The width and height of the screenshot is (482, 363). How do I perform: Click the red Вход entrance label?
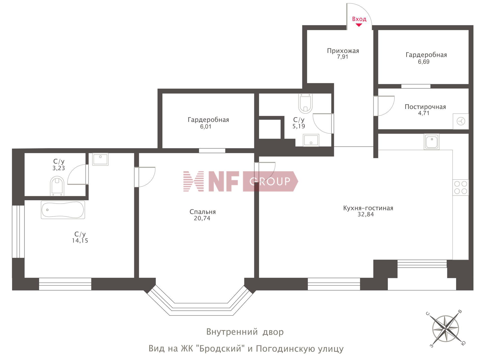click(x=359, y=19)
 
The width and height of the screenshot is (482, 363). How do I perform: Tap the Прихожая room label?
click(x=343, y=51)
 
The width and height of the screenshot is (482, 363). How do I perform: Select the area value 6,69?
click(x=424, y=62)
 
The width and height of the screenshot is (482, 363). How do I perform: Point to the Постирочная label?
click(x=425, y=107)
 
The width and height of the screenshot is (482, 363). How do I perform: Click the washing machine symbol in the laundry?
click(x=461, y=121)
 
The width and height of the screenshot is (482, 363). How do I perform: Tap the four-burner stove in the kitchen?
click(x=461, y=187)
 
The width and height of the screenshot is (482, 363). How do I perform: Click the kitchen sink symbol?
click(x=432, y=142)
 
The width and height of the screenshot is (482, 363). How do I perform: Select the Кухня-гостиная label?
click(x=368, y=208)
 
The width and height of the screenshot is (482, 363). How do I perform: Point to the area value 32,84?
click(x=366, y=215)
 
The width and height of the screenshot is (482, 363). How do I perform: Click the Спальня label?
click(x=203, y=212)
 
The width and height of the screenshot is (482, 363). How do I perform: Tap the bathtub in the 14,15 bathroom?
click(x=63, y=210)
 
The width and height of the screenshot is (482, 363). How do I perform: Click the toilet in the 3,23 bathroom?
click(x=57, y=186)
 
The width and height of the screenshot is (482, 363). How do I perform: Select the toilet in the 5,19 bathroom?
click(x=306, y=103)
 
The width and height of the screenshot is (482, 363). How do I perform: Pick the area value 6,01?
click(x=206, y=127)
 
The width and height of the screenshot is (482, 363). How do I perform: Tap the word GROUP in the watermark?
click(x=270, y=181)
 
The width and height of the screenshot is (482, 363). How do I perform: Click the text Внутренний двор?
click(x=245, y=332)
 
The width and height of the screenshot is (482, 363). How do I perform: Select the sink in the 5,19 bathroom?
click(x=311, y=140)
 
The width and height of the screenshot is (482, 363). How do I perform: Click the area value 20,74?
click(x=202, y=218)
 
